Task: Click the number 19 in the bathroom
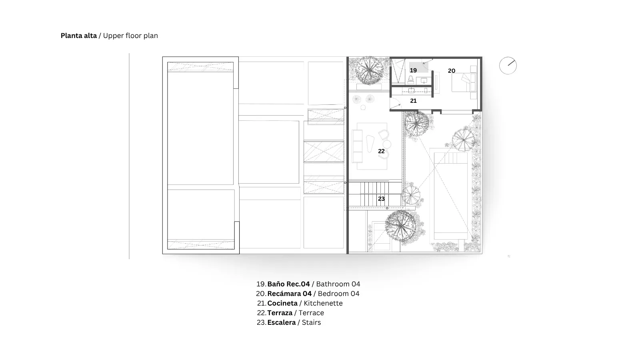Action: click(413, 70)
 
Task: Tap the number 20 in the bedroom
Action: click(452, 70)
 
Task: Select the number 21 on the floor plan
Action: click(413, 100)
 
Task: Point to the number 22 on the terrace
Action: click(381, 151)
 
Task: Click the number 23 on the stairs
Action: click(381, 199)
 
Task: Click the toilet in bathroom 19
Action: click(411, 80)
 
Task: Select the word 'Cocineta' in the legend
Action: click(282, 303)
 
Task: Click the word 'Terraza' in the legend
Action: click(280, 313)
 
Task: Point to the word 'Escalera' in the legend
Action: click(282, 322)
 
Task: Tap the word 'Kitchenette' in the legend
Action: click(323, 303)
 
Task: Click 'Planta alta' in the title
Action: click(78, 36)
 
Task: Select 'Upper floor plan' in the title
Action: click(130, 36)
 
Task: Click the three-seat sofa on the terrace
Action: click(357, 146)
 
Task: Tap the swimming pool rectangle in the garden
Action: click(451, 196)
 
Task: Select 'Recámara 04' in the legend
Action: click(290, 294)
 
